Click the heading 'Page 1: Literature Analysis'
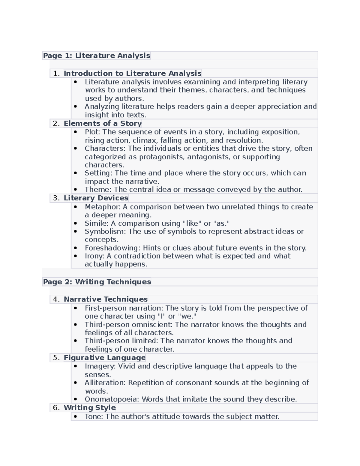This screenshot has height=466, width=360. [96, 56]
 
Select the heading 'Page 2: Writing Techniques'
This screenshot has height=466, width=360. [97, 282]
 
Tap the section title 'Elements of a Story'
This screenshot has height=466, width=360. [103, 123]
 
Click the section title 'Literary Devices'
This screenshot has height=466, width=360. [96, 198]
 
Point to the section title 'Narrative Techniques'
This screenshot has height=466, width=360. [106, 299]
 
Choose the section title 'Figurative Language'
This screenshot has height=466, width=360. [105, 358]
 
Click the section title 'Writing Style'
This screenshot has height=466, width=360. [90, 407]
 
